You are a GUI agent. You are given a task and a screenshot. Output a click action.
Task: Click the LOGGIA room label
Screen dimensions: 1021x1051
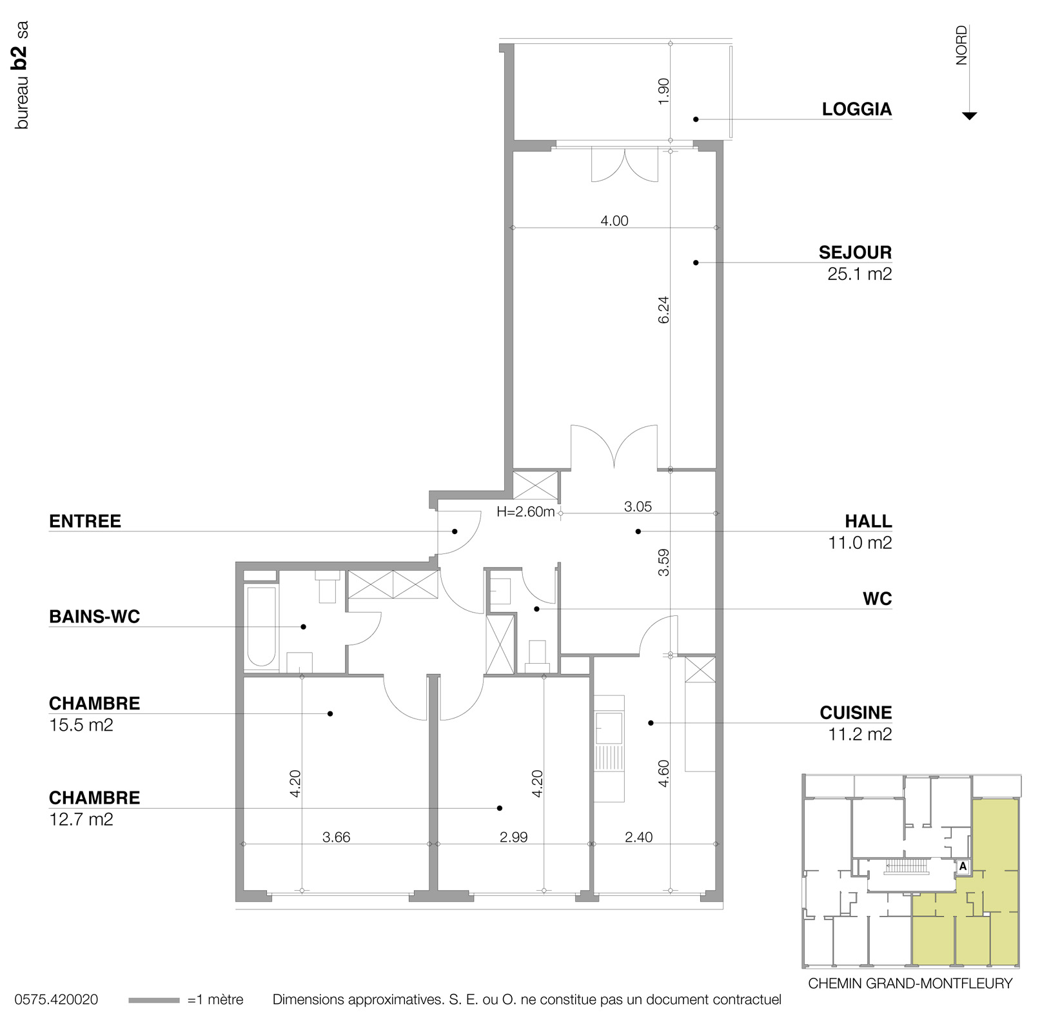point(856,109)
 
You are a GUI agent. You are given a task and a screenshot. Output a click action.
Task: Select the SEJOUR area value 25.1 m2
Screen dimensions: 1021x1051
point(859,274)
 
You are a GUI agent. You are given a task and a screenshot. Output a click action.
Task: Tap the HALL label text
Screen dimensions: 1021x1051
point(869,521)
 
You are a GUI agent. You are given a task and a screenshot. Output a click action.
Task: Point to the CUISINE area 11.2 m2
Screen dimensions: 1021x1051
point(859,735)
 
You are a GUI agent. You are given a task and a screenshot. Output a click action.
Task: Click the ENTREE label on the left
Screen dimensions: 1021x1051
point(85,521)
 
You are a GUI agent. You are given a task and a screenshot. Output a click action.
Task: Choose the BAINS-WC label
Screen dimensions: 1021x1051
point(95,617)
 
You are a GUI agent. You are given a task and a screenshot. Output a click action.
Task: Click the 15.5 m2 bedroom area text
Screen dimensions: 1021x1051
point(81,726)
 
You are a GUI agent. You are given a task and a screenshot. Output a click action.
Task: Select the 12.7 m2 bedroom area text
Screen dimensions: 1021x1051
point(81,820)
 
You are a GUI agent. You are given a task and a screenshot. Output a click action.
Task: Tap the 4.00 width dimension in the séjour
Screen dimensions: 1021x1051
point(614,221)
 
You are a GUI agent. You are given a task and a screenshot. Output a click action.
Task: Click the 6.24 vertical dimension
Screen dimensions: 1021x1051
point(663,310)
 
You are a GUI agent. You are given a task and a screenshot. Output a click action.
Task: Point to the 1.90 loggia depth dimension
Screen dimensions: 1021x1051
point(663,91)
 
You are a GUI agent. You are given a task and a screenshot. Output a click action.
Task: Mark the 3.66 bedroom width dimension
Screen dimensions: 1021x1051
point(336,837)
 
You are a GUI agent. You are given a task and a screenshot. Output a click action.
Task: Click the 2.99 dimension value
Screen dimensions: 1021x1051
point(513,837)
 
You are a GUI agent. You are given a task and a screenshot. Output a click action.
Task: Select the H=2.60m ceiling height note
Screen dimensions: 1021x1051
point(525,513)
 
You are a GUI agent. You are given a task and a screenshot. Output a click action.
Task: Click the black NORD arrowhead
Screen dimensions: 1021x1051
point(969,116)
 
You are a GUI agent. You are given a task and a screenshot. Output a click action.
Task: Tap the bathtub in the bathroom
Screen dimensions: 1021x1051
point(261,626)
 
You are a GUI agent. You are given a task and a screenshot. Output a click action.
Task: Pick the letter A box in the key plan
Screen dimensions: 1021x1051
point(963,867)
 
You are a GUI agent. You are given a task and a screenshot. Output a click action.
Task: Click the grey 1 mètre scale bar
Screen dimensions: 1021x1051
point(153,1000)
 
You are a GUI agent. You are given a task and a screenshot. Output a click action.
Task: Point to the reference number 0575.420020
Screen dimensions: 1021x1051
point(56,1000)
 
